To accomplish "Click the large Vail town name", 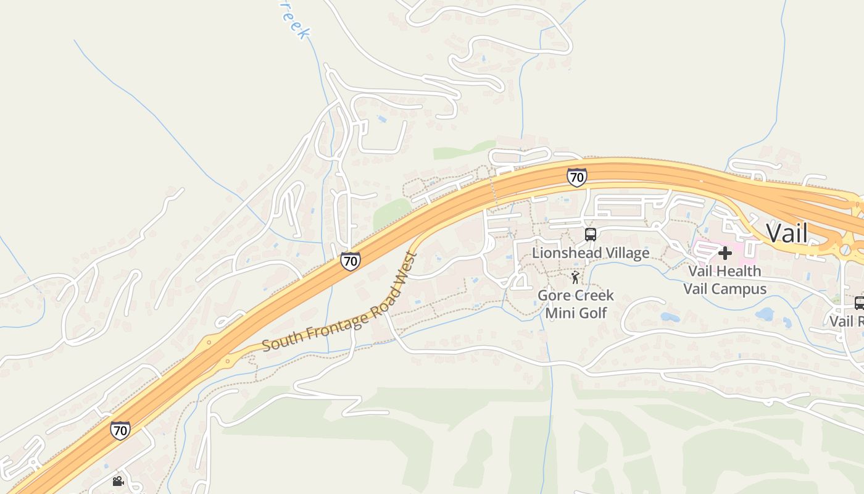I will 787,233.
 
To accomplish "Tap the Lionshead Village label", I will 591,253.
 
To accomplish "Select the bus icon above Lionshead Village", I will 591,234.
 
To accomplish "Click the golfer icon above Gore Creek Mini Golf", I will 575,277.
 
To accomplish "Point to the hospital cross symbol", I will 725,253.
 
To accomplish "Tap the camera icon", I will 118,481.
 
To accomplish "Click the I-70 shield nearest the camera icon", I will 120,430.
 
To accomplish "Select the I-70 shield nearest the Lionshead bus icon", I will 576,177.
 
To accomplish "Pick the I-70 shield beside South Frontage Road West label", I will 350,261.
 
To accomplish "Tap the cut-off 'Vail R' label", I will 846,321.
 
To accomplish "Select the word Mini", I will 559,313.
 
